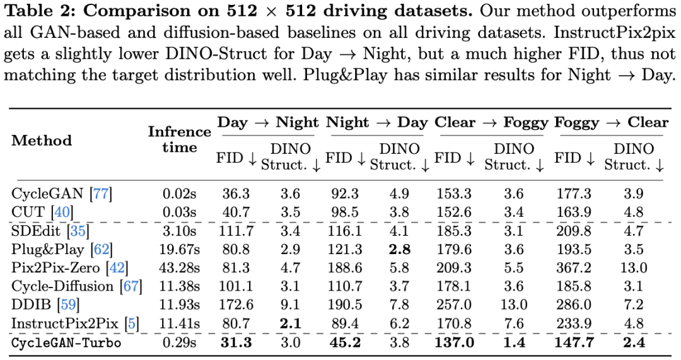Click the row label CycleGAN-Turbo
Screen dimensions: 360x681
coord(66,344)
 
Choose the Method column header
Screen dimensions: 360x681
coord(42,140)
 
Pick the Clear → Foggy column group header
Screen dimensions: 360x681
coord(490,122)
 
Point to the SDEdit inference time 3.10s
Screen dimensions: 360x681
coord(179,231)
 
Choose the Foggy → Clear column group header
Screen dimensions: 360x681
coord(611,122)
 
